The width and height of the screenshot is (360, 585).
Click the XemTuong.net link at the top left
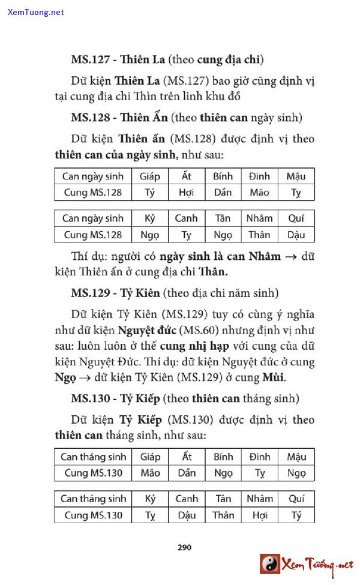tap(36, 12)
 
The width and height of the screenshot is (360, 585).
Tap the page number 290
tap(184, 547)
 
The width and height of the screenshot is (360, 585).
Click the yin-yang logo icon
tap(269, 564)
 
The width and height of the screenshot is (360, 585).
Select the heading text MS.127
tap(91, 59)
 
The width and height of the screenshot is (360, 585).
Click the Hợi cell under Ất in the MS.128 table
tap(186, 193)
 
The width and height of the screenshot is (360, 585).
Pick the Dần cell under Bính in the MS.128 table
tap(223, 193)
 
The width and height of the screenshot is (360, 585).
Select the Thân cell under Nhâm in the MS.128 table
tap(259, 235)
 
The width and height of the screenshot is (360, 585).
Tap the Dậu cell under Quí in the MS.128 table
tap(296, 235)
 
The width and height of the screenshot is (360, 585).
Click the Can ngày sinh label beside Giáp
tap(93, 176)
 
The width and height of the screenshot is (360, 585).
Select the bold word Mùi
tap(274, 377)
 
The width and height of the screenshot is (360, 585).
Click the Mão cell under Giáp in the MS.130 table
tap(150, 473)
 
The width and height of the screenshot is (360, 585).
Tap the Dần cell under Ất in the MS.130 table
tap(187, 473)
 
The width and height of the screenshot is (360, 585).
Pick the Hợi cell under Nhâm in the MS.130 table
tap(260, 515)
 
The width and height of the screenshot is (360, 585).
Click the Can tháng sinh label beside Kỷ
tap(93, 499)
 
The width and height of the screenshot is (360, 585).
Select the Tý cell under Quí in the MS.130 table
tap(296, 515)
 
